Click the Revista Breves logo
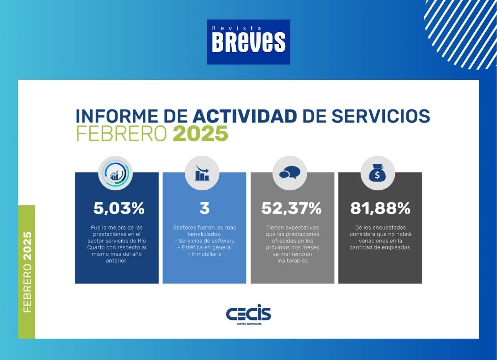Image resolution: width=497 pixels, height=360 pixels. click(x=248, y=42)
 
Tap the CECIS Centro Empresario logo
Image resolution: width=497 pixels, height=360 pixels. click(x=248, y=314)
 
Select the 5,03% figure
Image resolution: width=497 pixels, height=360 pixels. click(x=119, y=209)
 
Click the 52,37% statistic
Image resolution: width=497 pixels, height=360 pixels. click(x=291, y=209)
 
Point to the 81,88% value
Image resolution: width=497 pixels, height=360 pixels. click(x=380, y=209)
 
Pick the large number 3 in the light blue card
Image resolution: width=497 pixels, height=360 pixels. click(x=204, y=208)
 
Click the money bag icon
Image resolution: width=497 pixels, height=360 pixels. click(x=377, y=173)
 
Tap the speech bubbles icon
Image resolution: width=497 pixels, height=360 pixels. click(x=290, y=173)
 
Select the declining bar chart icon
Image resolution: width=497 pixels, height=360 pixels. click(x=202, y=173)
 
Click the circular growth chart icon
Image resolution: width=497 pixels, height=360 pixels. click(x=116, y=173)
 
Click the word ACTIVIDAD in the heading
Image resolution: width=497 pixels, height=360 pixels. click(x=245, y=116)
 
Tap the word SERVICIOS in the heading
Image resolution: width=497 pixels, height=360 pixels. click(x=381, y=116)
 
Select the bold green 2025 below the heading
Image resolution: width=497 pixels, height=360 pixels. click(x=200, y=133)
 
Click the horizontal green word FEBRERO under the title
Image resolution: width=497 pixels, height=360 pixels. click(x=121, y=133)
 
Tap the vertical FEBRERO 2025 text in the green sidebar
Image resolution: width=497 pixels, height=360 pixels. click(x=27, y=272)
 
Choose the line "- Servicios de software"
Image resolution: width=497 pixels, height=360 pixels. click(x=204, y=241)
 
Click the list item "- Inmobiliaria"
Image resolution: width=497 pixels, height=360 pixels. click(x=204, y=254)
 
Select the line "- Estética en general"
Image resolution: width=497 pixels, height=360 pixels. click(x=204, y=247)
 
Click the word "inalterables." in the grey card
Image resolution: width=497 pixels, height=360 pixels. click(x=293, y=261)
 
